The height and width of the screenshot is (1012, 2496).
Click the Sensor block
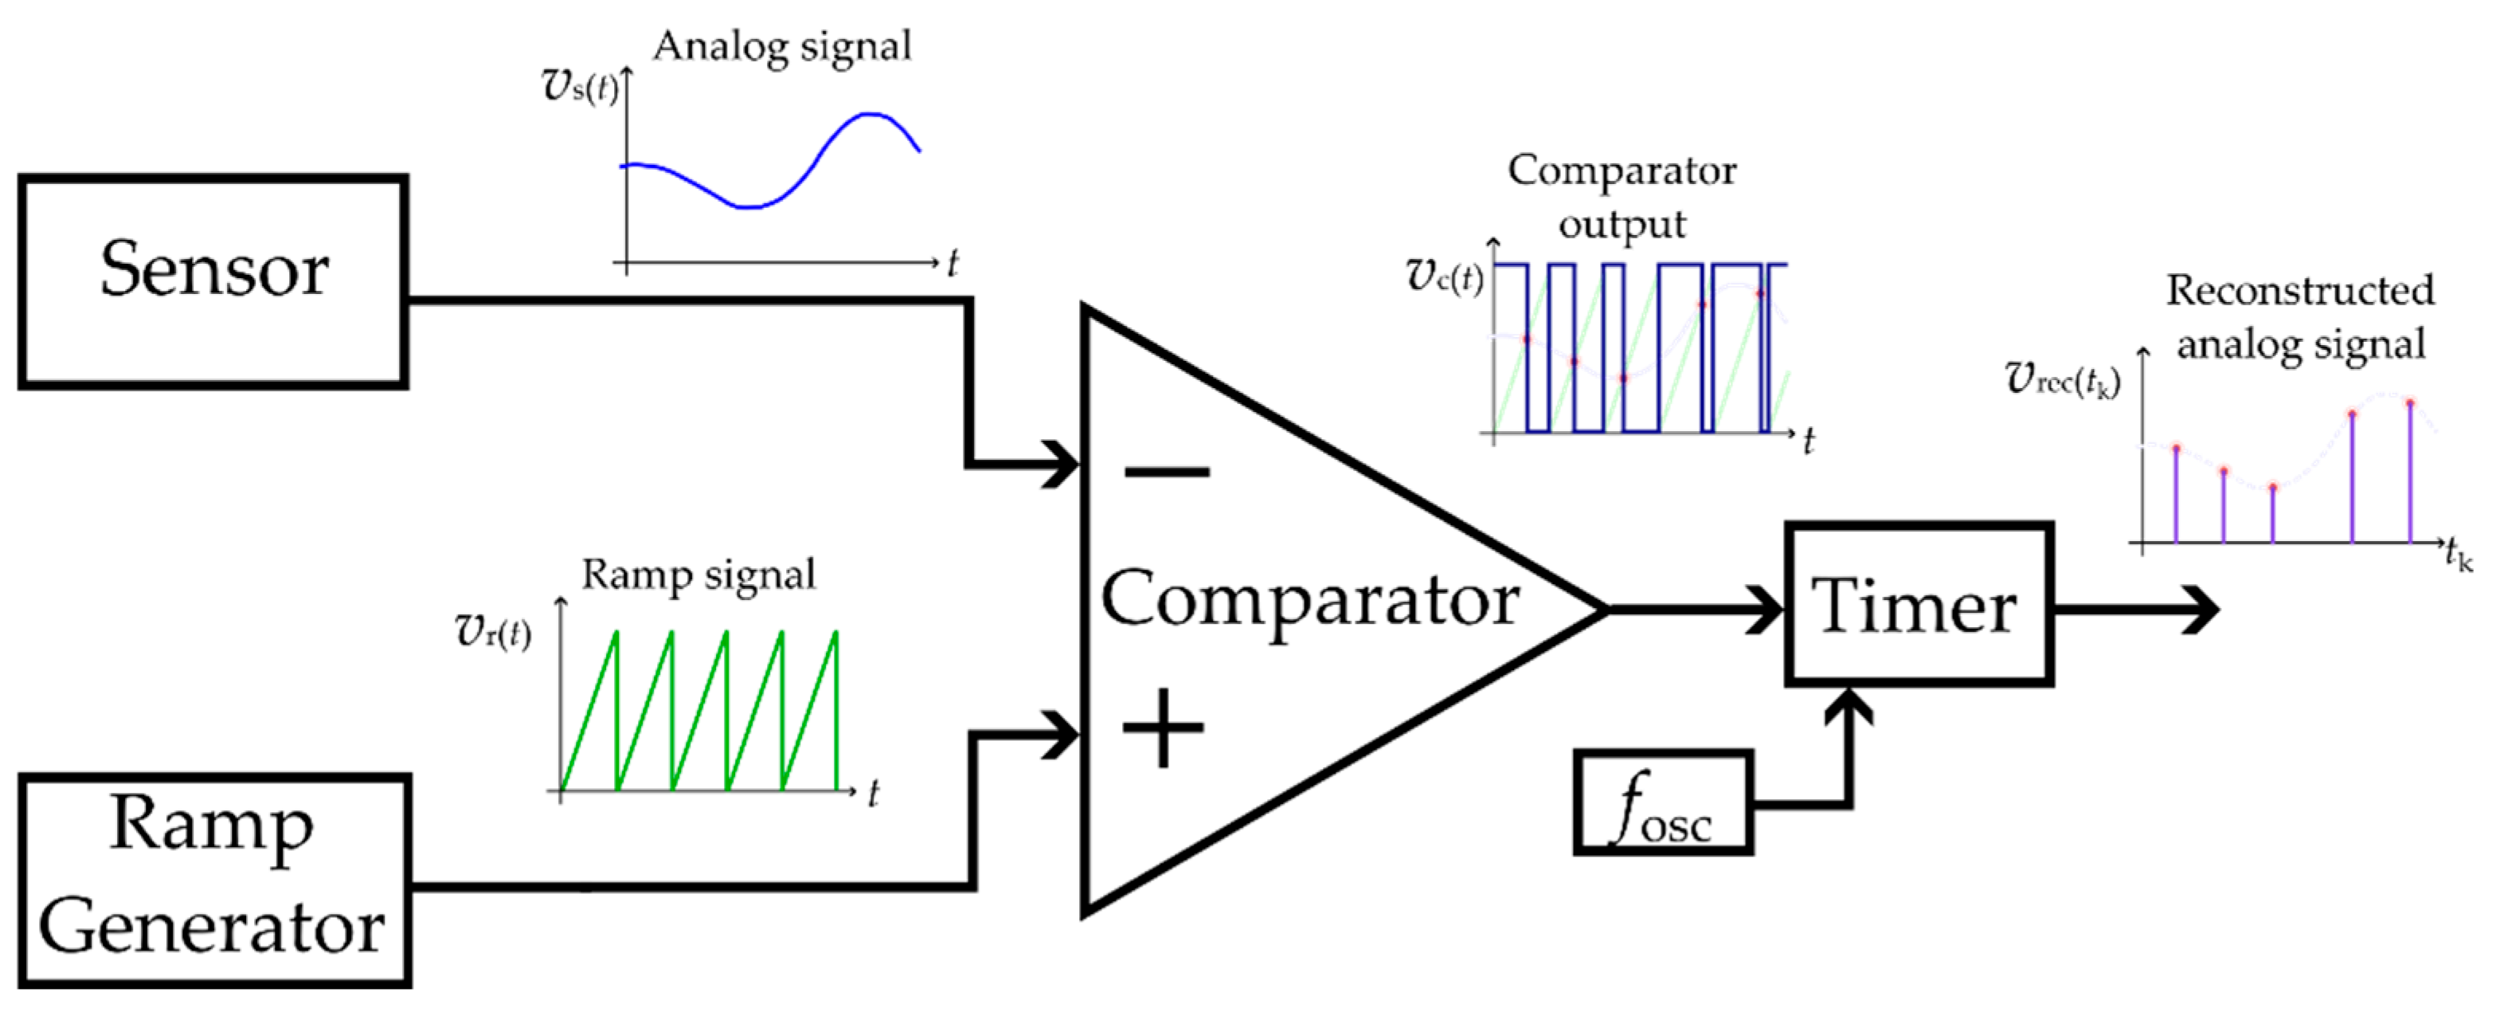pos(213,281)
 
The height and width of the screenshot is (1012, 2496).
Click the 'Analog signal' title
pos(783,46)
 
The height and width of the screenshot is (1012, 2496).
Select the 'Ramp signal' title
pos(698,575)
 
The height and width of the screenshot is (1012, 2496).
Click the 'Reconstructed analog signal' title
pos(2300,317)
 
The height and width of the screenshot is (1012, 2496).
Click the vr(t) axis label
pos(492,631)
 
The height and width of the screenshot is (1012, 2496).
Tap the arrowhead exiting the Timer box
pos(2200,610)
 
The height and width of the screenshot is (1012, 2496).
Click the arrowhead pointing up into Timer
pos(1849,706)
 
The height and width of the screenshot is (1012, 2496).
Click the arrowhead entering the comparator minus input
pos(1062,465)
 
